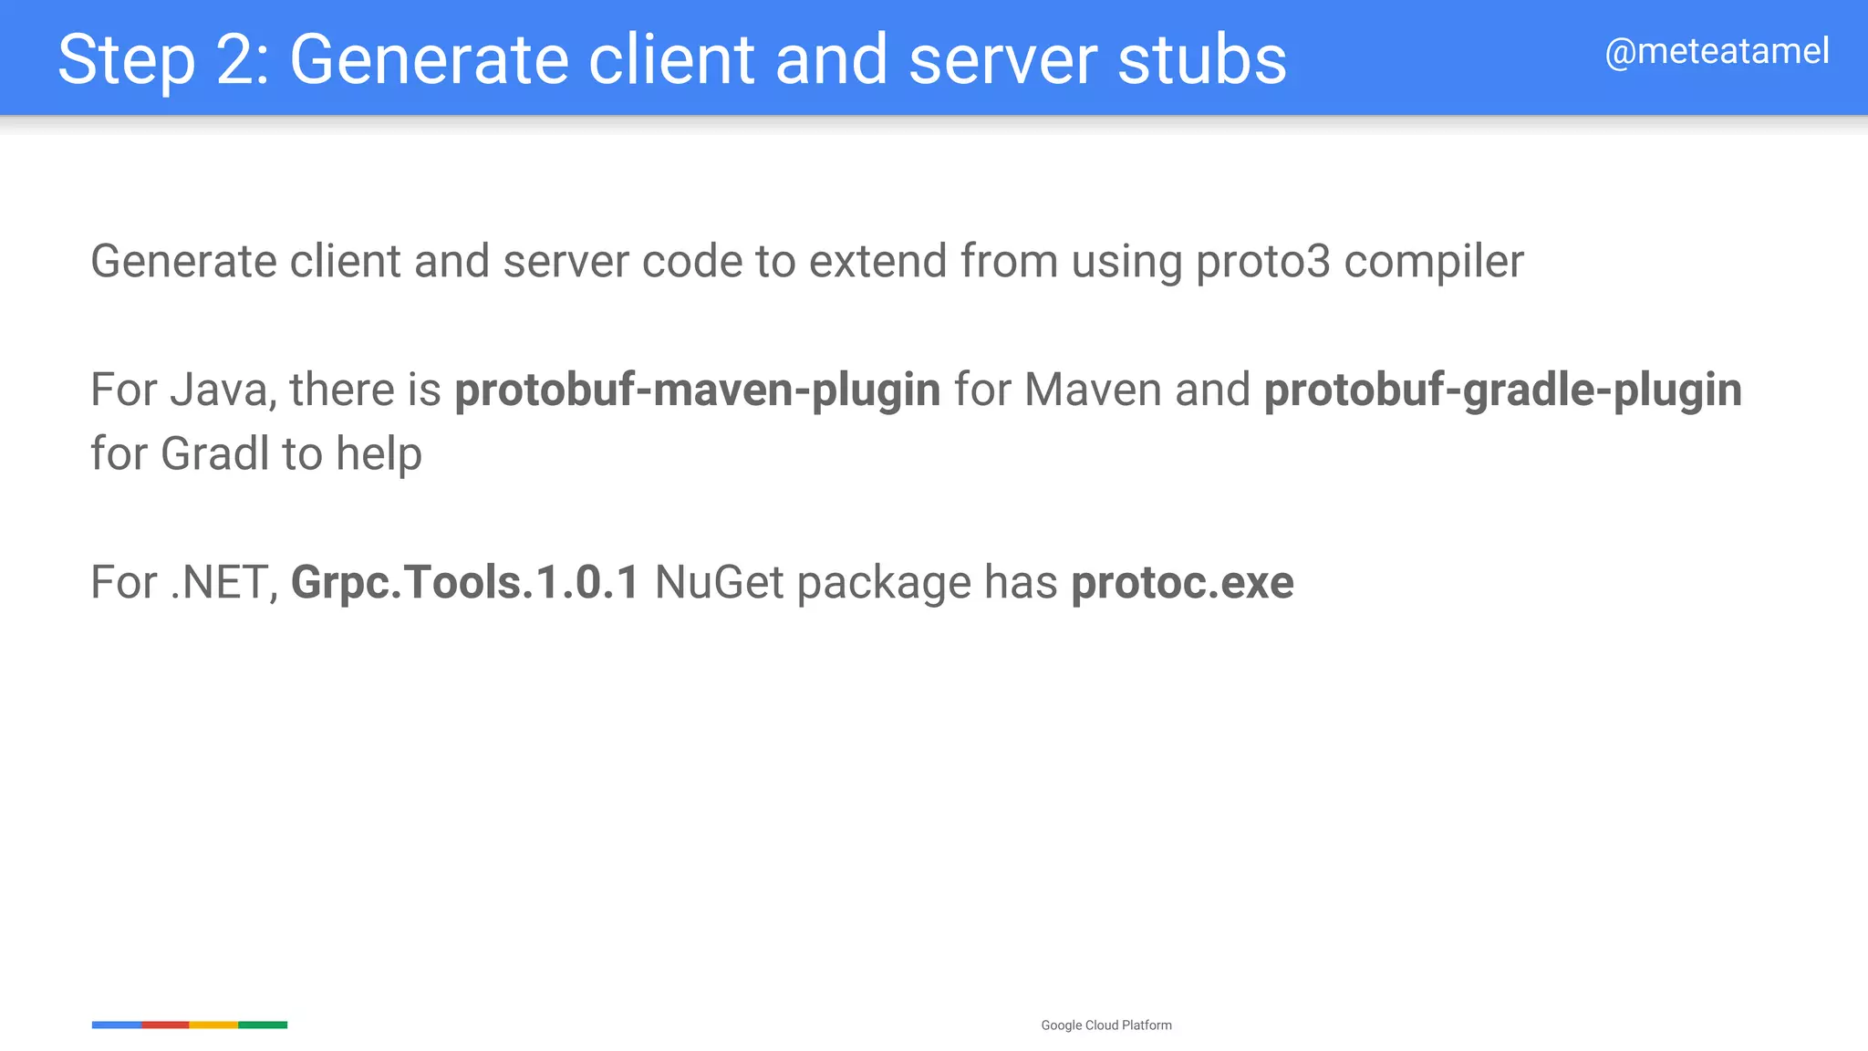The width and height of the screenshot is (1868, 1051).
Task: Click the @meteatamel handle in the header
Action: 1717,52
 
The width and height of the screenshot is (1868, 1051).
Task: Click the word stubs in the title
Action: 1202,60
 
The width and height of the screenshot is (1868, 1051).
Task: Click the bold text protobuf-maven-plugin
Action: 698,390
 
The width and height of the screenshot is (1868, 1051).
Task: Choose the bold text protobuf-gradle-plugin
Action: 1502,390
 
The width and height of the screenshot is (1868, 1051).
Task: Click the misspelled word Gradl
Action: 214,453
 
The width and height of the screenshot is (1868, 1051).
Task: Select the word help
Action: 379,453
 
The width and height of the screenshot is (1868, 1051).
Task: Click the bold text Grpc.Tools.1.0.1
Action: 465,583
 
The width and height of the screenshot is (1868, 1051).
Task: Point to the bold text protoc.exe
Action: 1182,583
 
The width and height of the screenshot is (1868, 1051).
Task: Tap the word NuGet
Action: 719,583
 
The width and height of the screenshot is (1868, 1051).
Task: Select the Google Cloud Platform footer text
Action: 1106,1025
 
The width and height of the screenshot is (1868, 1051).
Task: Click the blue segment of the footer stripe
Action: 117,1025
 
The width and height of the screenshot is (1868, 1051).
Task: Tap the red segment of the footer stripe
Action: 165,1025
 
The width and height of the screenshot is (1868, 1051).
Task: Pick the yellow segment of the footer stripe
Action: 213,1025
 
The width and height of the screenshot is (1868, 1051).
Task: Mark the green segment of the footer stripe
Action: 263,1025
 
